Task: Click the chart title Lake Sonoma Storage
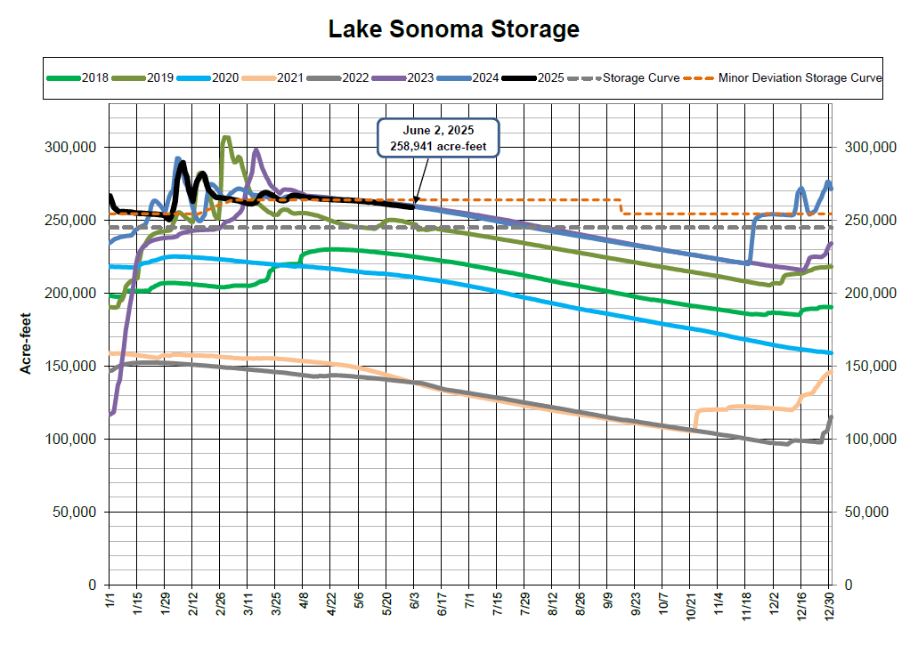click(454, 29)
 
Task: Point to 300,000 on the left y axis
click(70, 147)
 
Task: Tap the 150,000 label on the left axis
click(70, 366)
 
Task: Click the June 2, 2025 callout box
click(438, 137)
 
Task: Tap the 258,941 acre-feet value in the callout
click(438, 145)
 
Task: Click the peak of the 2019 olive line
click(225, 137)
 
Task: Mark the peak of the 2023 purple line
click(256, 150)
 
